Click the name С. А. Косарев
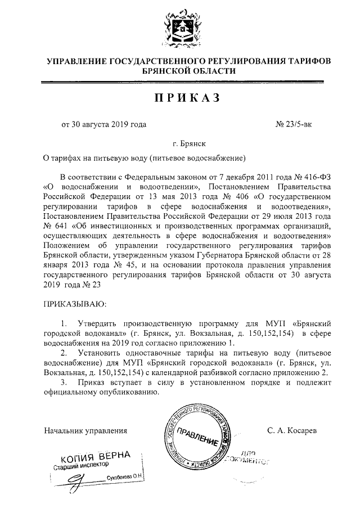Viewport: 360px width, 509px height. click(x=292, y=430)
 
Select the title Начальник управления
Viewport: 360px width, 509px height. click(x=85, y=430)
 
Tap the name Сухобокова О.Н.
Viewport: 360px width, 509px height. click(x=125, y=477)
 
